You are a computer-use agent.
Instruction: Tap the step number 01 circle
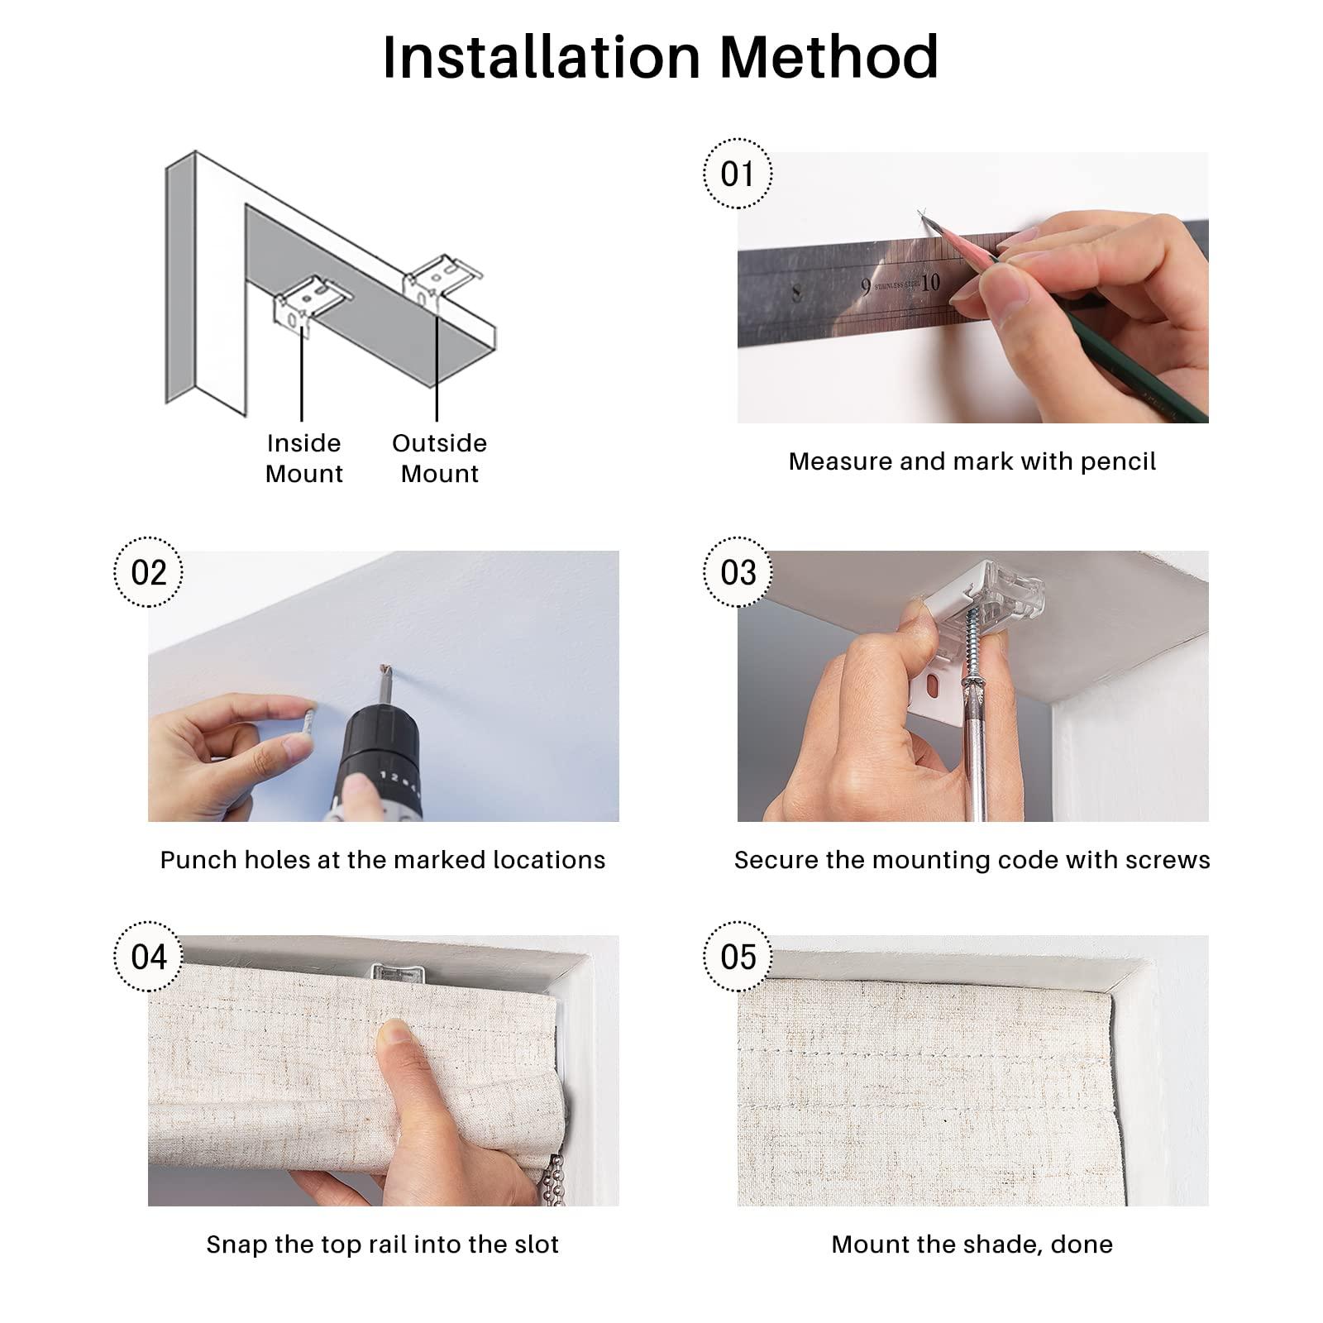point(738,174)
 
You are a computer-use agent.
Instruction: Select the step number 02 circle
point(148,572)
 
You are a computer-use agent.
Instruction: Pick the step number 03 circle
point(738,572)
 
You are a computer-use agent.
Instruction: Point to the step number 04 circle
point(148,957)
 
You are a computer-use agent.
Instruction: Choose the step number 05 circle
point(738,957)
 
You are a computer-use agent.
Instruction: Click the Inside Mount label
point(303,458)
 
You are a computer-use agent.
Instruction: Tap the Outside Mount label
point(439,458)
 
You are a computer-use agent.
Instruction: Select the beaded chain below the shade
point(556,1181)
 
